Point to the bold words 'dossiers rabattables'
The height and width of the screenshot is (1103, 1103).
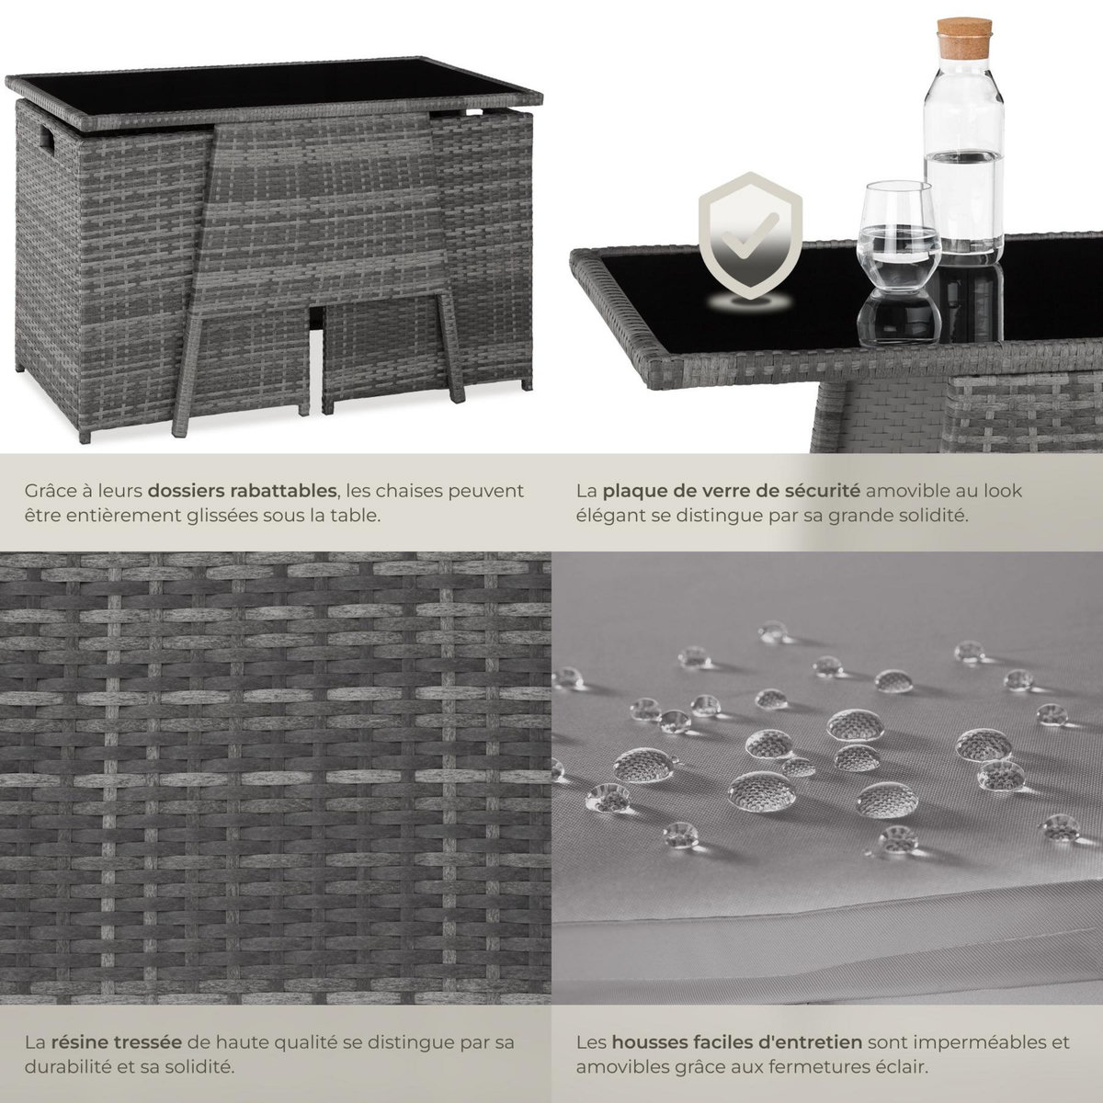tap(242, 491)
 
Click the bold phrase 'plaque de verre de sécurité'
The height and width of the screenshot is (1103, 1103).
tap(732, 491)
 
